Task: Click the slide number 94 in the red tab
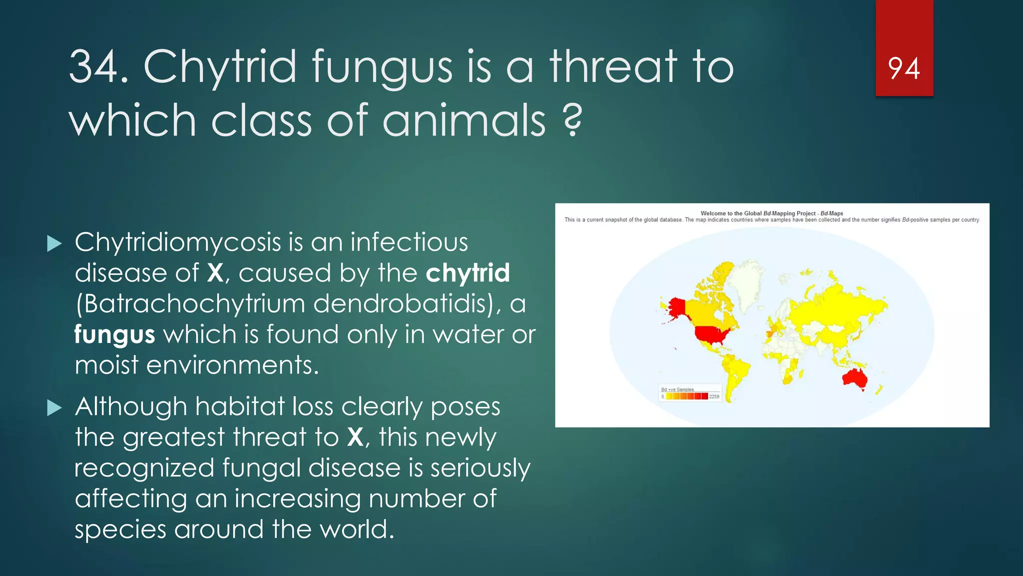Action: (904, 68)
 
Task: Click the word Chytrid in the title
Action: (220, 67)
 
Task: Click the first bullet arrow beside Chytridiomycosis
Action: (54, 244)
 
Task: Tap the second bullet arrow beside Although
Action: (54, 408)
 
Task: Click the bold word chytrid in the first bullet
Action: (468, 273)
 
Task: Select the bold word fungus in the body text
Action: (114, 335)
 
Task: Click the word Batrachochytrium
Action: (194, 303)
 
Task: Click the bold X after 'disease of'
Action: (215, 273)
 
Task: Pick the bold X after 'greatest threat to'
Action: (355, 437)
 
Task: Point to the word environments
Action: (232, 365)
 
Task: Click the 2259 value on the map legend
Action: (714, 396)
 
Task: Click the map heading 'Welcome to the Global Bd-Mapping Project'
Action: (772, 213)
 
